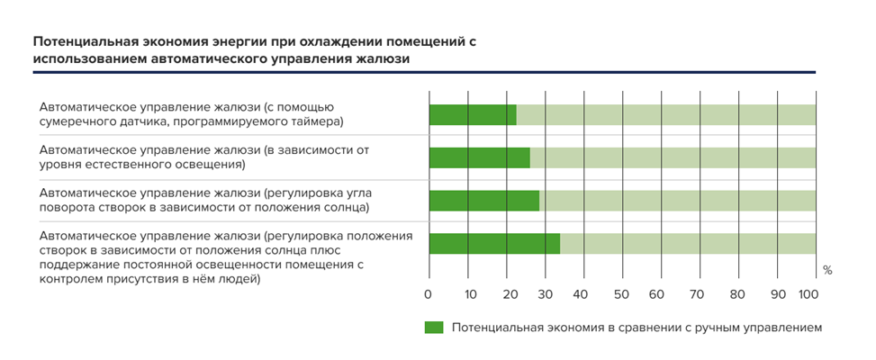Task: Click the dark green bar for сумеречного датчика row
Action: [x=473, y=115]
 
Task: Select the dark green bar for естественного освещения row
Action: [x=479, y=157]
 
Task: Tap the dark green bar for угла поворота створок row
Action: [x=483, y=200]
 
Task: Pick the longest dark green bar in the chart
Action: [x=494, y=243]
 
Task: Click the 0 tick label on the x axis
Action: [x=429, y=294]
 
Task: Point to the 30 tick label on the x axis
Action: [x=545, y=294]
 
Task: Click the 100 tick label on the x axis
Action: [x=808, y=294]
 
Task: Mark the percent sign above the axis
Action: [x=827, y=270]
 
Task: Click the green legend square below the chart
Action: [x=434, y=328]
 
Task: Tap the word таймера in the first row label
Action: [x=321, y=121]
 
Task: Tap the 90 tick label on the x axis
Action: [x=777, y=294]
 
